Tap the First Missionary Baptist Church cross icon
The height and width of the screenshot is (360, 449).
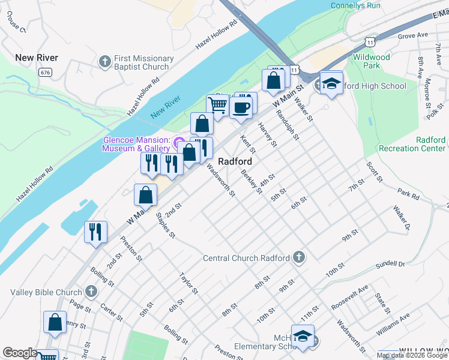[105, 62]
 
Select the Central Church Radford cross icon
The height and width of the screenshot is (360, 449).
[298, 258]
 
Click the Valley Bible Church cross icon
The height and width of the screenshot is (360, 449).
[91, 292]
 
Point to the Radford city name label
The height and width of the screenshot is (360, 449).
[234, 161]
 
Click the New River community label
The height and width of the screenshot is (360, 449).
[37, 58]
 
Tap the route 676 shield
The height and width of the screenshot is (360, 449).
[45, 72]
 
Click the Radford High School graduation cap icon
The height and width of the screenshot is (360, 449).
[331, 83]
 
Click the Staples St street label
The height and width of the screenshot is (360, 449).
[165, 224]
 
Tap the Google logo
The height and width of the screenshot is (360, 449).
[19, 353]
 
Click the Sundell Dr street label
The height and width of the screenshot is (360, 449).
[391, 263]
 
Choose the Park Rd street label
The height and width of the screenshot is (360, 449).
[408, 194]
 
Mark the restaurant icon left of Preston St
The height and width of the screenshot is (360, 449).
[95, 232]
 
